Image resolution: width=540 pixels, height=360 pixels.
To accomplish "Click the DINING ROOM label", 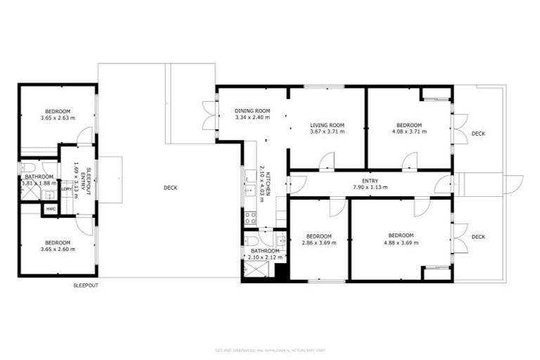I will click(x=252, y=110).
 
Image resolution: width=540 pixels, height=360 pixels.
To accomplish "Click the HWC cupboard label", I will click(x=51, y=209).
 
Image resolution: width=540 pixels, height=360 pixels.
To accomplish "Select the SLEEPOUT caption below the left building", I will click(x=86, y=285).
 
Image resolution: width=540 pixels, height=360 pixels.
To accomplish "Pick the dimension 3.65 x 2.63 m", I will click(x=58, y=118).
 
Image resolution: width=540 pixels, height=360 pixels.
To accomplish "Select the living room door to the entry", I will click(x=326, y=162).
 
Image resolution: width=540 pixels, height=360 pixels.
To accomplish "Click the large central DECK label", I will click(x=170, y=188).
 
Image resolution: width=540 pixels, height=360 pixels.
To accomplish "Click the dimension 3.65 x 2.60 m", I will click(x=58, y=249).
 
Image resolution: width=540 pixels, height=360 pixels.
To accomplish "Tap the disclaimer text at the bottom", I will click(x=269, y=349).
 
